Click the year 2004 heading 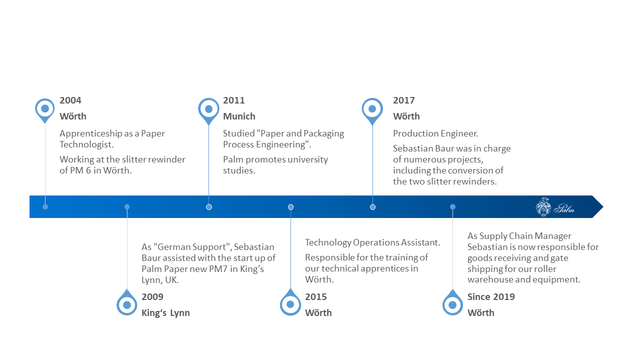point(70,100)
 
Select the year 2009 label point(152,297)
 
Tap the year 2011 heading point(233,100)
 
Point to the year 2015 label point(315,297)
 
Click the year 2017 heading point(403,100)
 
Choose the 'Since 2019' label point(491,297)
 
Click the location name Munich point(239,116)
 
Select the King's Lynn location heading point(165,313)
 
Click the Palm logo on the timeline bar point(554,207)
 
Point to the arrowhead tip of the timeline point(603,207)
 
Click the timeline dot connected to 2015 point(290,207)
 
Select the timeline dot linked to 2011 point(209,207)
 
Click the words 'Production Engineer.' point(435,133)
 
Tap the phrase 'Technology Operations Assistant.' point(372,242)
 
